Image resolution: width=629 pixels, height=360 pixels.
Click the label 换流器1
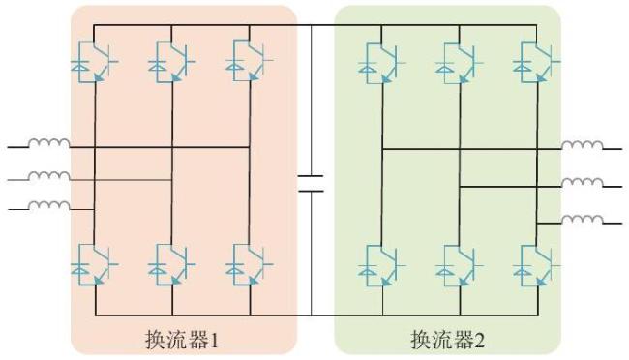pos(182,340)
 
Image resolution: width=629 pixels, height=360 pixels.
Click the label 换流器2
pos(448,340)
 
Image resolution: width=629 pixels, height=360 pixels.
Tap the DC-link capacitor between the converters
pos(311,184)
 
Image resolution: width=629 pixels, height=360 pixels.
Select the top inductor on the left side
pos(49,143)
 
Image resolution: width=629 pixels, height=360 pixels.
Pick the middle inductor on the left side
pos(49,176)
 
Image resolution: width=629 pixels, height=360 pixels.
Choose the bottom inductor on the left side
pos(49,205)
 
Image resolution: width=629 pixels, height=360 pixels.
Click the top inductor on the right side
pos(582,145)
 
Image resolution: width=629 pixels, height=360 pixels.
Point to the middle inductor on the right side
pos(582,183)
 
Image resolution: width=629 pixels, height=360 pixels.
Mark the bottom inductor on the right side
pos(582,220)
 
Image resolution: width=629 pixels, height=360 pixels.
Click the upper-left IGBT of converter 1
pos(95,61)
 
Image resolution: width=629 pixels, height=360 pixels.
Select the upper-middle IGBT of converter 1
pos(172,61)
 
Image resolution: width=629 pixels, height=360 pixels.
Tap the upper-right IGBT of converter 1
pos(250,60)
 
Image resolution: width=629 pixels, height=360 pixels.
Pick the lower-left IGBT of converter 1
pos(95,264)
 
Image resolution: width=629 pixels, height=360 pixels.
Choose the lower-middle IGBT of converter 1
pos(172,264)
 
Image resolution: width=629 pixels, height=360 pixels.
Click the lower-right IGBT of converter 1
pos(250,264)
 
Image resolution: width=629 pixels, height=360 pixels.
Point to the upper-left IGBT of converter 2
pos(382,63)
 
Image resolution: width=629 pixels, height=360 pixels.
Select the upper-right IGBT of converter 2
pos(537,62)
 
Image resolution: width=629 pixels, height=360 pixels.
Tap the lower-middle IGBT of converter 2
pos(460,265)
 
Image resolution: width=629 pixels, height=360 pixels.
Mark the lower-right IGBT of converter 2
pos(537,265)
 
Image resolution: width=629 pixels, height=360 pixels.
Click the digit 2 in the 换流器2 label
pos(480,341)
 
